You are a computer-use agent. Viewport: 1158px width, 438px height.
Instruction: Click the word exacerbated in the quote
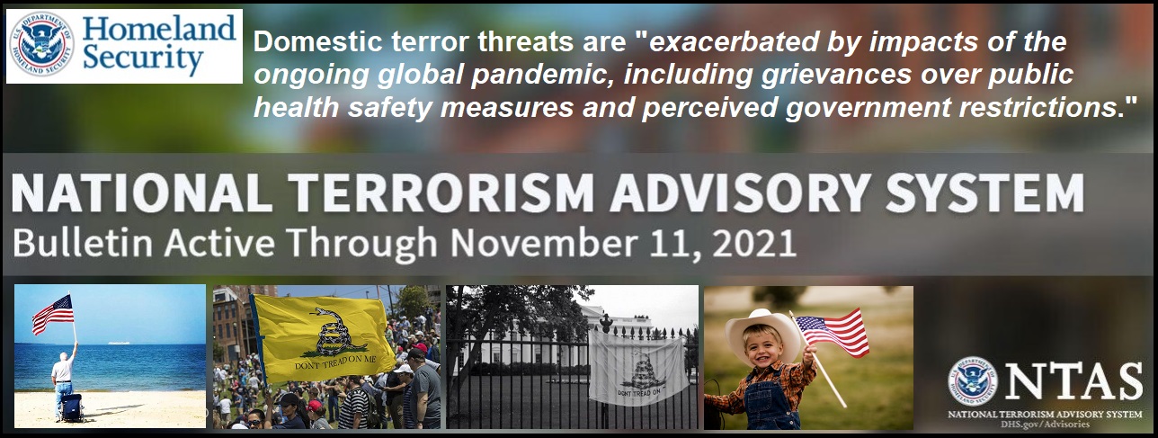click(x=734, y=42)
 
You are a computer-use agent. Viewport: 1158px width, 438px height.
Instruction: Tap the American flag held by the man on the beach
click(x=53, y=314)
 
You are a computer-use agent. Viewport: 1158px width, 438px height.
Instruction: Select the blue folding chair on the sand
click(x=71, y=408)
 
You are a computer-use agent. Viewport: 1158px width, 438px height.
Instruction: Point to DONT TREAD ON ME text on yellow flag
click(x=335, y=362)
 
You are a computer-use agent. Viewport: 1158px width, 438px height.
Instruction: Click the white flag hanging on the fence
click(x=639, y=367)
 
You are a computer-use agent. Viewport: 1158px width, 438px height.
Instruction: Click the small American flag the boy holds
click(x=833, y=332)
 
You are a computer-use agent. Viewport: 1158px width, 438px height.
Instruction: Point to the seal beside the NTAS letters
click(x=973, y=382)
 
